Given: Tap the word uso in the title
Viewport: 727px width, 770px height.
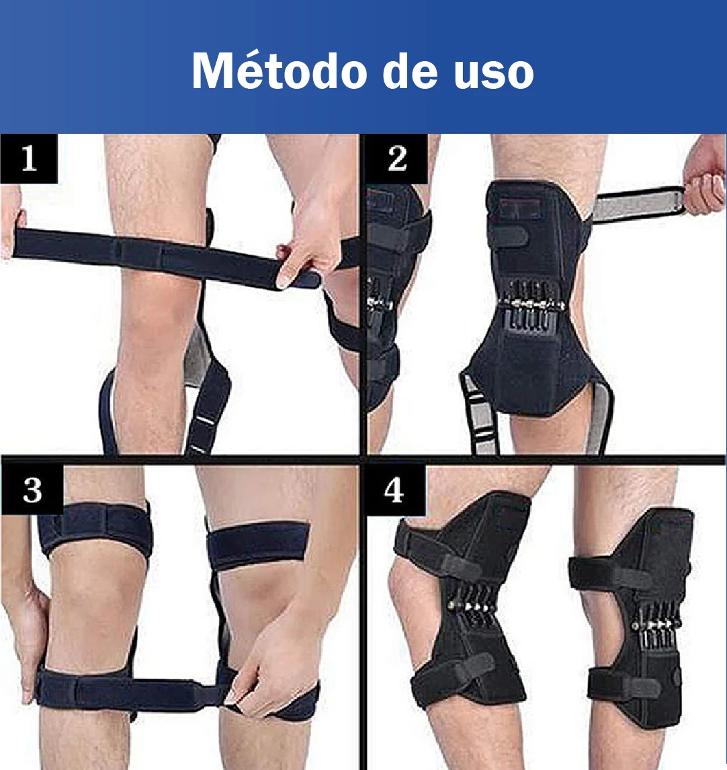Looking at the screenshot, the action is tap(493, 74).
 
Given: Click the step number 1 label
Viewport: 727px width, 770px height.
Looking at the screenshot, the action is tap(29, 159).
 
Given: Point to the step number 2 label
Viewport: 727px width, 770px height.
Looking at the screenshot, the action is tap(397, 159).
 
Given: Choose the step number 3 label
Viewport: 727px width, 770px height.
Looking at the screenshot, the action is tap(32, 490).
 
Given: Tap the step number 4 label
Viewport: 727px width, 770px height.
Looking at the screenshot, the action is tap(394, 490).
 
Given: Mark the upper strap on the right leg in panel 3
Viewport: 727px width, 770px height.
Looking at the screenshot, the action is tap(259, 545).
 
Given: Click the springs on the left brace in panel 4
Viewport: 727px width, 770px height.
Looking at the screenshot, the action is tap(472, 607).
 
